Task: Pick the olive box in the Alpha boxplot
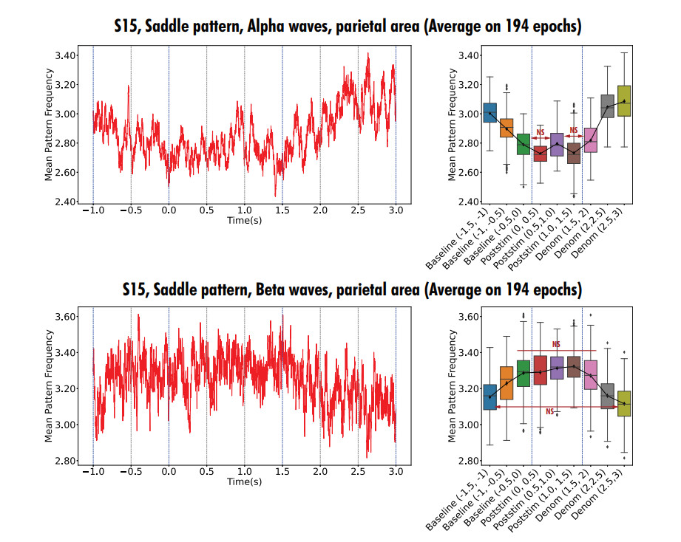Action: point(624,100)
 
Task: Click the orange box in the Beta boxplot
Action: point(506,383)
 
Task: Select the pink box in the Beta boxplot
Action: point(590,375)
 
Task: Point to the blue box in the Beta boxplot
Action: point(489,397)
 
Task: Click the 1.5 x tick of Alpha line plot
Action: point(282,210)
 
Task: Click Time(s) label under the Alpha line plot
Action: point(244,220)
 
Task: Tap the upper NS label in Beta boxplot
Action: point(557,344)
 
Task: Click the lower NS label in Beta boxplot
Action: point(550,411)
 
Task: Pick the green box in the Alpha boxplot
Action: point(523,143)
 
